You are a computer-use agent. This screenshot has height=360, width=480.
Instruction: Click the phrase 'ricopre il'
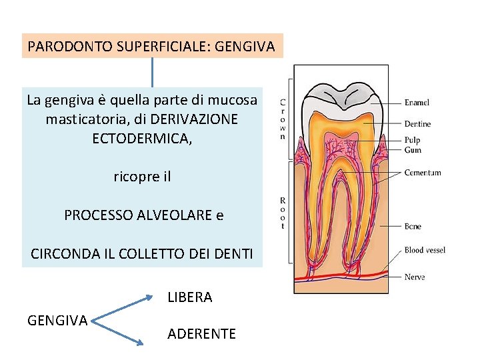pyautogui.click(x=142, y=177)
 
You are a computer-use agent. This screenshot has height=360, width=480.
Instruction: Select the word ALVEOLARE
pyautogui.click(x=175, y=215)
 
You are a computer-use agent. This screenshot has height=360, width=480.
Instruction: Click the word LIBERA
pyautogui.click(x=189, y=297)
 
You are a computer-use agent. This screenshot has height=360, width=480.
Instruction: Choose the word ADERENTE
pyautogui.click(x=201, y=334)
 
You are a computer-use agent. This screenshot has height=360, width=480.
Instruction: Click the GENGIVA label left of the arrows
pyautogui.click(x=57, y=321)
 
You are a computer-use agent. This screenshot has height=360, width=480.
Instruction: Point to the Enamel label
pyautogui.click(x=417, y=103)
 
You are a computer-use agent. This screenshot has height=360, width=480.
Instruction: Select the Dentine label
pyautogui.click(x=417, y=124)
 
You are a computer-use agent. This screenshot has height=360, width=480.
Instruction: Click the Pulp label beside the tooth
pyautogui.click(x=412, y=141)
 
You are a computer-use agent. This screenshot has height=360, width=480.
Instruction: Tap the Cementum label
pyautogui.click(x=423, y=173)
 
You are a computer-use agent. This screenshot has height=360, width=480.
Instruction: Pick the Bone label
pyautogui.click(x=413, y=227)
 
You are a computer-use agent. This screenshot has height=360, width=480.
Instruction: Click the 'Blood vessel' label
pyautogui.click(x=425, y=251)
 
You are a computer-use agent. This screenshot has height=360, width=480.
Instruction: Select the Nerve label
pyautogui.click(x=415, y=277)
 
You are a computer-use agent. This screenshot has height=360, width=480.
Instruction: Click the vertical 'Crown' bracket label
pyautogui.click(x=283, y=120)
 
